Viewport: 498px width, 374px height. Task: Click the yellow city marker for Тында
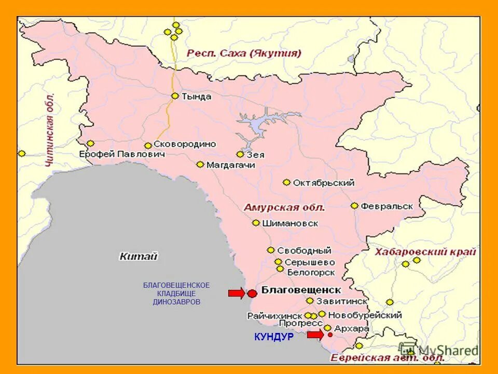[175, 96]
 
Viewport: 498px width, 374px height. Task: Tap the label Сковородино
[185, 144]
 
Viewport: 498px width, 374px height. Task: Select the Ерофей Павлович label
[122, 154]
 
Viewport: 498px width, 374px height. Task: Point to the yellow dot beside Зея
[240, 154]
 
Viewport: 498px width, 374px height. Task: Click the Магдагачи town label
[231, 165]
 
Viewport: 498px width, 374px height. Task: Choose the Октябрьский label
[324, 183]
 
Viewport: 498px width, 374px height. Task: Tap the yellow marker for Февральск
[354, 206]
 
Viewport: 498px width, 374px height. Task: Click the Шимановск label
[290, 223]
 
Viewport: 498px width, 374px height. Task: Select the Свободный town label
[304, 250]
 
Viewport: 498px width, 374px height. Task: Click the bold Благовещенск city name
[301, 290]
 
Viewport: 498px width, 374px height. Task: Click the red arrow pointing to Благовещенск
[236, 293]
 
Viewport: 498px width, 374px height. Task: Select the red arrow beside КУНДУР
[315, 335]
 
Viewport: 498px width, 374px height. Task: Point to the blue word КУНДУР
[274, 337]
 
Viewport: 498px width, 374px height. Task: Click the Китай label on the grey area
[138, 256]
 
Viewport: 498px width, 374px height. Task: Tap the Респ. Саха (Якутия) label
[244, 54]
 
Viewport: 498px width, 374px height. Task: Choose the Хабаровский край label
[425, 252]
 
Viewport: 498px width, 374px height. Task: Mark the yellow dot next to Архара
[328, 328]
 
